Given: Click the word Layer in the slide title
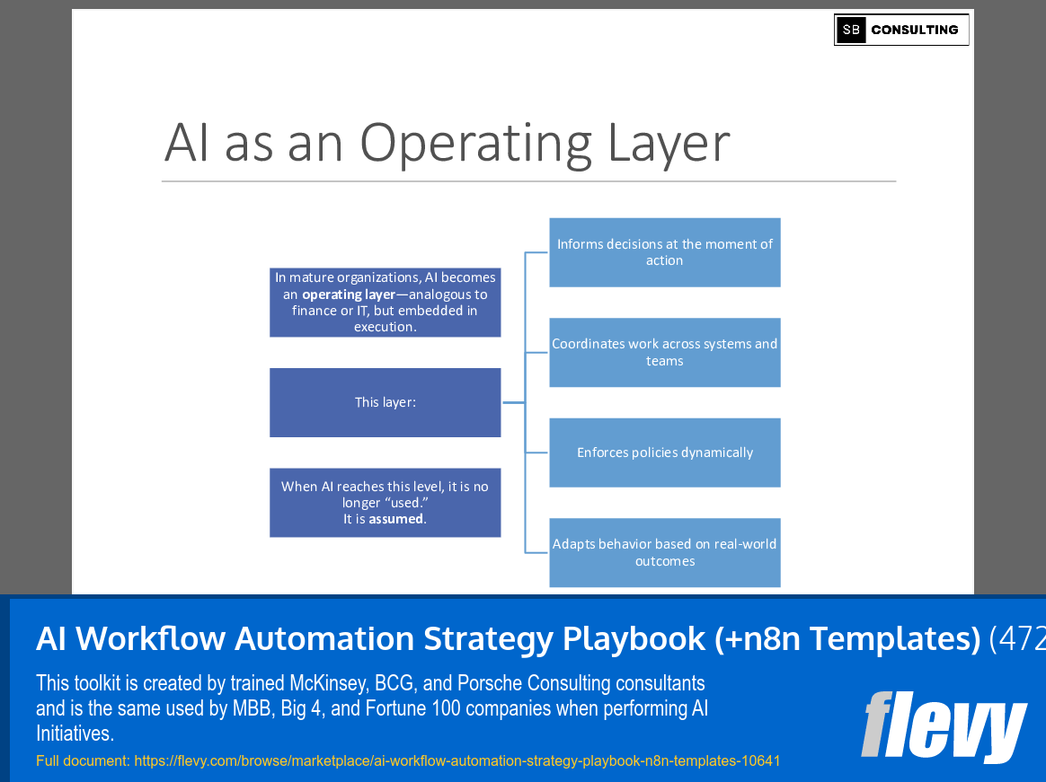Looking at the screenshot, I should click(668, 144).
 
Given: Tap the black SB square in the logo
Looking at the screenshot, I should click(850, 30).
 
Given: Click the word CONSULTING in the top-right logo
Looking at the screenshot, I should click(914, 30).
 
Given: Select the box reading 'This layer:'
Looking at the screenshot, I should click(385, 402).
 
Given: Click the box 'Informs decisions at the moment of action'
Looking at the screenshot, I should click(664, 252).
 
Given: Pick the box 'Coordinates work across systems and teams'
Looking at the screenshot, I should click(664, 352).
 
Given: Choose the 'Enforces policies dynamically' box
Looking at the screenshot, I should click(664, 453).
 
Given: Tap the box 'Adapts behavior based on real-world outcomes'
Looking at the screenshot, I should click(664, 552).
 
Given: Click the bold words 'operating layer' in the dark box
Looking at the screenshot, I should click(349, 294).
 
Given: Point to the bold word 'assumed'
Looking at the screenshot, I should click(396, 519).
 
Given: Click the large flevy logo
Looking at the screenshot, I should click(943, 725).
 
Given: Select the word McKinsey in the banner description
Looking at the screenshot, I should click(329, 683).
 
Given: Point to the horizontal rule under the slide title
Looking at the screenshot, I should click(528, 181).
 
